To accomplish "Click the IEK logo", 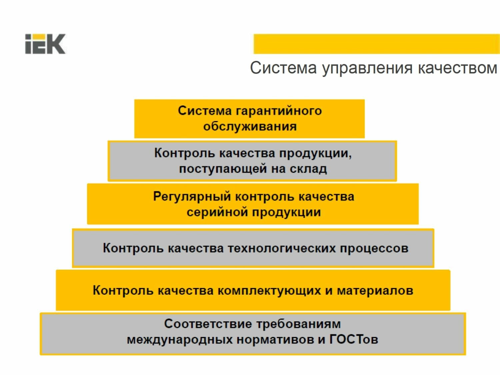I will tap(45, 44).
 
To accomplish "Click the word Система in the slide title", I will tap(283, 68).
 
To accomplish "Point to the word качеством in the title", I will tap(457, 68).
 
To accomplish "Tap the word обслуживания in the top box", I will tap(250, 127).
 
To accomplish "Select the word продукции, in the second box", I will tap(315, 153).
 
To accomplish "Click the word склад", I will tap(308, 169).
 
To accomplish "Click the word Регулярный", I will tap(192, 197).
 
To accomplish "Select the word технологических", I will tap(281, 248).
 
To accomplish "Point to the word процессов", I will tap(374, 248).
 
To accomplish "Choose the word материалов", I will tap(375, 290).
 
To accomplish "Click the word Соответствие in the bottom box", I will tap(207, 324).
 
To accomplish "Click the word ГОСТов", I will tap(353, 339).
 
